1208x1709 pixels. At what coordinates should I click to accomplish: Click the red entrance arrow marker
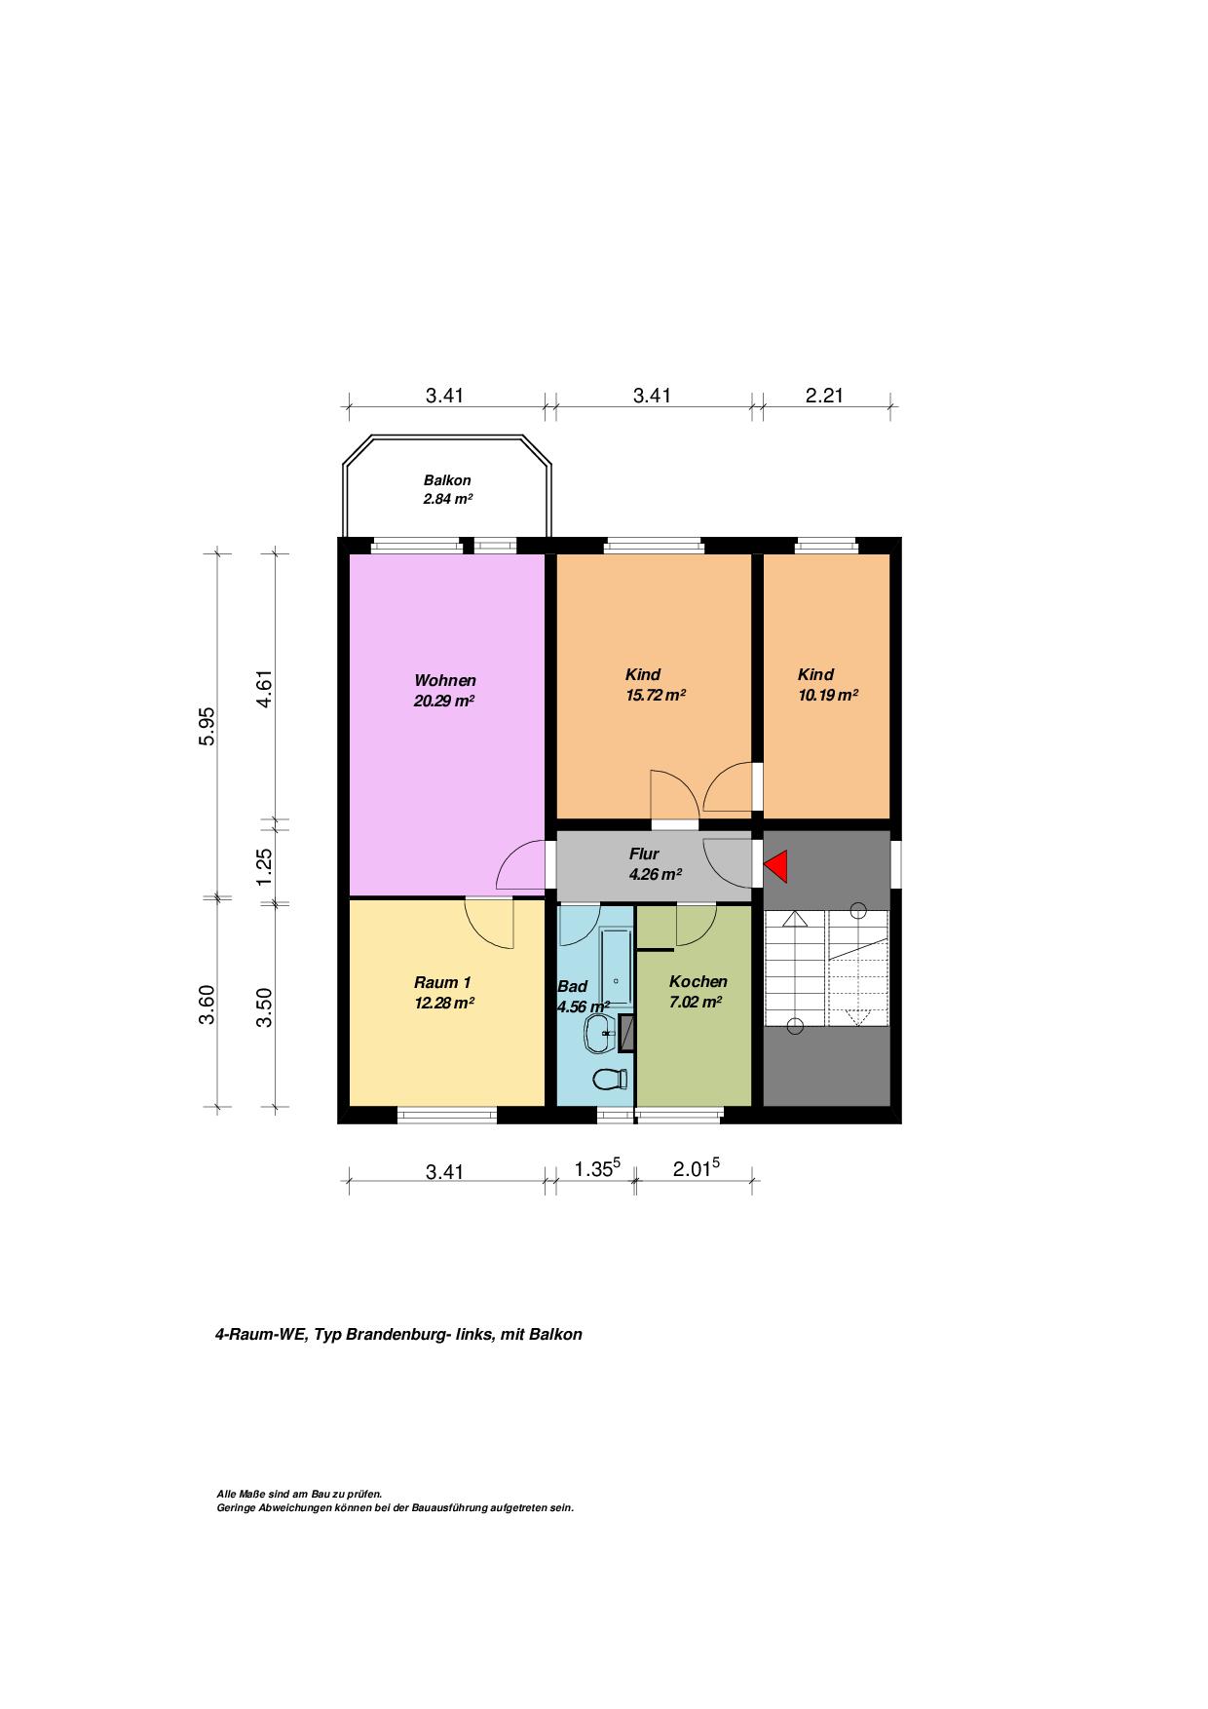(776, 865)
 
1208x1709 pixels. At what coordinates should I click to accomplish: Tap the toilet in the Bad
(610, 1079)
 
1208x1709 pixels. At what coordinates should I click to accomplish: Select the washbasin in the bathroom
(598, 1033)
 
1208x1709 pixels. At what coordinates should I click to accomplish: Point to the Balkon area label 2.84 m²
(447, 499)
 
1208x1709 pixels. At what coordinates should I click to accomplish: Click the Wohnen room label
(445, 680)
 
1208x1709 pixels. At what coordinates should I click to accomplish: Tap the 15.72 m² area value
(655, 696)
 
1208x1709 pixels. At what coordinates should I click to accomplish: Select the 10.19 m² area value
(827, 696)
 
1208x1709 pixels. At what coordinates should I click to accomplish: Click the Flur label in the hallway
(644, 854)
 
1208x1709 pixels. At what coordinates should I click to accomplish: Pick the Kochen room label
(698, 981)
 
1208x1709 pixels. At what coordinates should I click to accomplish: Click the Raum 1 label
(442, 981)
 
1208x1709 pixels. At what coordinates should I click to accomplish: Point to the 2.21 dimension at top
(824, 395)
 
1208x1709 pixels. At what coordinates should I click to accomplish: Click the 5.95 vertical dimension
(207, 726)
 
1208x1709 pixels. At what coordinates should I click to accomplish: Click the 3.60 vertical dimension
(207, 1005)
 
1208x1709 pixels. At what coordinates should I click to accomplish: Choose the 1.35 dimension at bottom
(597, 1168)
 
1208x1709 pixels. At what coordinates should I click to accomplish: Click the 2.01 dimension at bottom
(697, 1168)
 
